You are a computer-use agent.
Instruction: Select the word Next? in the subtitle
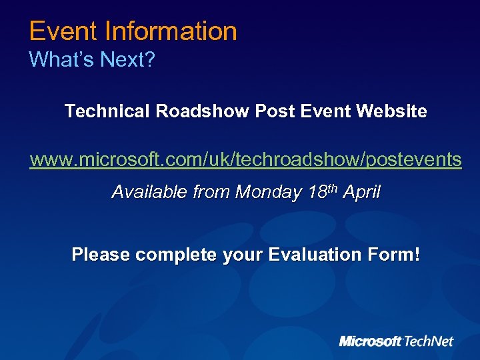click(127, 60)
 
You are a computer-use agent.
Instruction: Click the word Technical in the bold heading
click(107, 111)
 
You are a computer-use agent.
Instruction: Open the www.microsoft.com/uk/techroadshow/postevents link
click(245, 160)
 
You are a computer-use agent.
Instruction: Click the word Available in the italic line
click(149, 193)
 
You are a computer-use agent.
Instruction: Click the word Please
click(101, 255)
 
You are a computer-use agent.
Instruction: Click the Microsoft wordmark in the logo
click(371, 341)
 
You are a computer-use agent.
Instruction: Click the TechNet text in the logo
click(428, 341)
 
